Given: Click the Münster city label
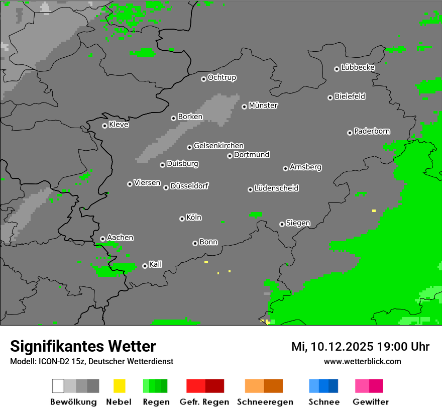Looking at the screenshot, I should coord(263,106).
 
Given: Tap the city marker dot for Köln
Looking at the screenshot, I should coord(182,219).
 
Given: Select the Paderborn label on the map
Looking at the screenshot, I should coord(372,131).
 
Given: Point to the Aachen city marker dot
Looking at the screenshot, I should coord(102,239).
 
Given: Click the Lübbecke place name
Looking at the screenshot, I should coord(358,67).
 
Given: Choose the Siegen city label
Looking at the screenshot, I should coord(298,223).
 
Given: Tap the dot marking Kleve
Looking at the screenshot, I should coord(104,126).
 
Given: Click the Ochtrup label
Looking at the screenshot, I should coord(222,77).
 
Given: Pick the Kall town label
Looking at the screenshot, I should coord(156,264).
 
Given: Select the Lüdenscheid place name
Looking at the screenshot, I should coord(277,188).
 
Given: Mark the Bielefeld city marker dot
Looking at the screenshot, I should coord(330,97).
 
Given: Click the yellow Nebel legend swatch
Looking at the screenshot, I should coord(119,386).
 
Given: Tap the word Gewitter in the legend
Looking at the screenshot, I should coord(371,402).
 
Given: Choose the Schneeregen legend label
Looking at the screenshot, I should coord(264,402).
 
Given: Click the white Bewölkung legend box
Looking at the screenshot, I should coord(58,386).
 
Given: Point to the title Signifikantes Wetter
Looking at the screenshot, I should coord(83,346).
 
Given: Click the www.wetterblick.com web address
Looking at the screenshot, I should coord(363,361).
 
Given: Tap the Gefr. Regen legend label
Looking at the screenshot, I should coord(204,402).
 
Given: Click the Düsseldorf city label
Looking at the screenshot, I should coord(189,186).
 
